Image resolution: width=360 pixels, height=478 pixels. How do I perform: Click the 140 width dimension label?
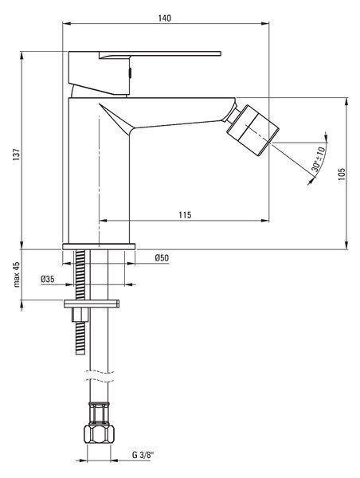(x=165, y=18)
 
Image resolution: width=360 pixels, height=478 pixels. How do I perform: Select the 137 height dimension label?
(x=16, y=155)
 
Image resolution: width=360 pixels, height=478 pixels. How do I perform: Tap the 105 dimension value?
(x=342, y=174)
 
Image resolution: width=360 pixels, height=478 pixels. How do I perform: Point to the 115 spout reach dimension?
(x=185, y=215)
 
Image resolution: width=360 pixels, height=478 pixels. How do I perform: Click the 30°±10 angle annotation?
(x=319, y=159)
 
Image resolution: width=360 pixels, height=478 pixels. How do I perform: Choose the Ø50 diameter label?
(x=162, y=258)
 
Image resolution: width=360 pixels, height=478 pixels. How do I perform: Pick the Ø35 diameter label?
(x=48, y=279)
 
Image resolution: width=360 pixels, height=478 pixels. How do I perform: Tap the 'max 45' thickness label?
(x=16, y=274)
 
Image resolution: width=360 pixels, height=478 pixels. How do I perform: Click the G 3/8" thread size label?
(x=143, y=455)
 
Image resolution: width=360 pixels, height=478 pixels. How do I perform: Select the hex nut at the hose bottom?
(x=99, y=433)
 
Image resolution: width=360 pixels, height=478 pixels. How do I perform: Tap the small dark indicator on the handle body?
(x=130, y=72)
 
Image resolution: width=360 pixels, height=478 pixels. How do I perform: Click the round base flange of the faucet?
(x=99, y=246)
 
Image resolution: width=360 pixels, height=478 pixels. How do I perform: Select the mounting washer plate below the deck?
(x=92, y=304)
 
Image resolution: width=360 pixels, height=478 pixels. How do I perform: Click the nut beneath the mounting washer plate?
(x=80, y=315)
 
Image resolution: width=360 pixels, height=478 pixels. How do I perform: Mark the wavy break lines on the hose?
(x=99, y=376)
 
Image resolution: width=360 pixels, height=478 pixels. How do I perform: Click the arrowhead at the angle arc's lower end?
(x=311, y=182)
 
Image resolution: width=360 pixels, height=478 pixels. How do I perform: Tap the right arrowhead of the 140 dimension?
(x=265, y=23)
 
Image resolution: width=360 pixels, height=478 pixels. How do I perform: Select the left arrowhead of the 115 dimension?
(x=104, y=221)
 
